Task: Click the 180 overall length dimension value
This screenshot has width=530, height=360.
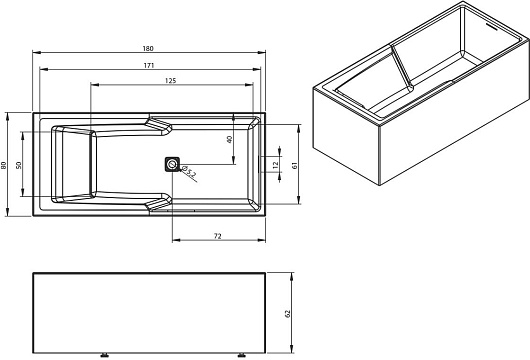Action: pos(148,48)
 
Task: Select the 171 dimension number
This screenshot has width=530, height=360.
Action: pos(149,65)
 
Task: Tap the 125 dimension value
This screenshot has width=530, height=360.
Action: pos(171,80)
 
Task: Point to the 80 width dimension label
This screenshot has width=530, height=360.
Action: pos(4,165)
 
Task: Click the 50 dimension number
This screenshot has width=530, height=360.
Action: pos(19,165)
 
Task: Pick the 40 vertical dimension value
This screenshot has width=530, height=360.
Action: pos(229,139)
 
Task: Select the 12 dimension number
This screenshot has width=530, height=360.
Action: pos(275,165)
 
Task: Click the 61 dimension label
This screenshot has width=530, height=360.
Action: pos(294,165)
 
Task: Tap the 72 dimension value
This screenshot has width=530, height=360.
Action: pos(218,236)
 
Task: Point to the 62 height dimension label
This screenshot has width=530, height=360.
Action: pos(288,313)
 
